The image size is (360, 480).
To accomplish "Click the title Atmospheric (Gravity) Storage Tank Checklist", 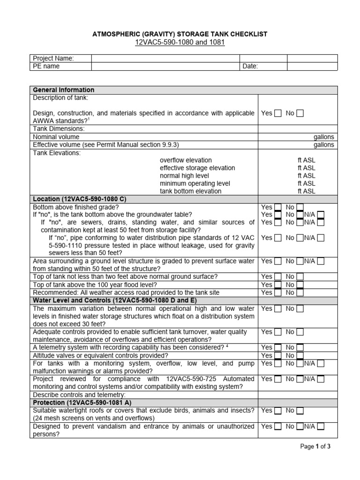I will click(x=180, y=34).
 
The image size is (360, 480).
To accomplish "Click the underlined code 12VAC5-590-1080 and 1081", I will click(x=180, y=43).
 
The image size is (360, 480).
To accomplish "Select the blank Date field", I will click(x=312, y=67).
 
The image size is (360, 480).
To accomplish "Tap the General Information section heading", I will click(x=63, y=90).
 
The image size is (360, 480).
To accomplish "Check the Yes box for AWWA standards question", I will click(x=278, y=113).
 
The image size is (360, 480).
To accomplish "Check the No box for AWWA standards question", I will click(x=300, y=113).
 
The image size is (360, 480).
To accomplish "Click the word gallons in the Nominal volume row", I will click(x=324, y=137).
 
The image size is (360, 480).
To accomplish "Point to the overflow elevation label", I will click(x=186, y=160).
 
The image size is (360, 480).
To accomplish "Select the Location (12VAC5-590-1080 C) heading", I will click(x=79, y=199).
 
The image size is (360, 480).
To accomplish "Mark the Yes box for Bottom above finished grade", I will click(x=278, y=207).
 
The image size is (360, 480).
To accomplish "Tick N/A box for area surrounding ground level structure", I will click(x=321, y=262).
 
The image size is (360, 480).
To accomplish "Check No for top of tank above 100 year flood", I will click(x=300, y=285).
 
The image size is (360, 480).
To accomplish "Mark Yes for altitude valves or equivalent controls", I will click(x=278, y=356).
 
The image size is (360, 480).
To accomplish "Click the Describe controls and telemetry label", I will click(x=78, y=395).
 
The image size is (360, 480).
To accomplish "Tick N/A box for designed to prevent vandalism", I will click(x=321, y=427).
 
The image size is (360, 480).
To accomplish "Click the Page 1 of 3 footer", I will click(x=315, y=447).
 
